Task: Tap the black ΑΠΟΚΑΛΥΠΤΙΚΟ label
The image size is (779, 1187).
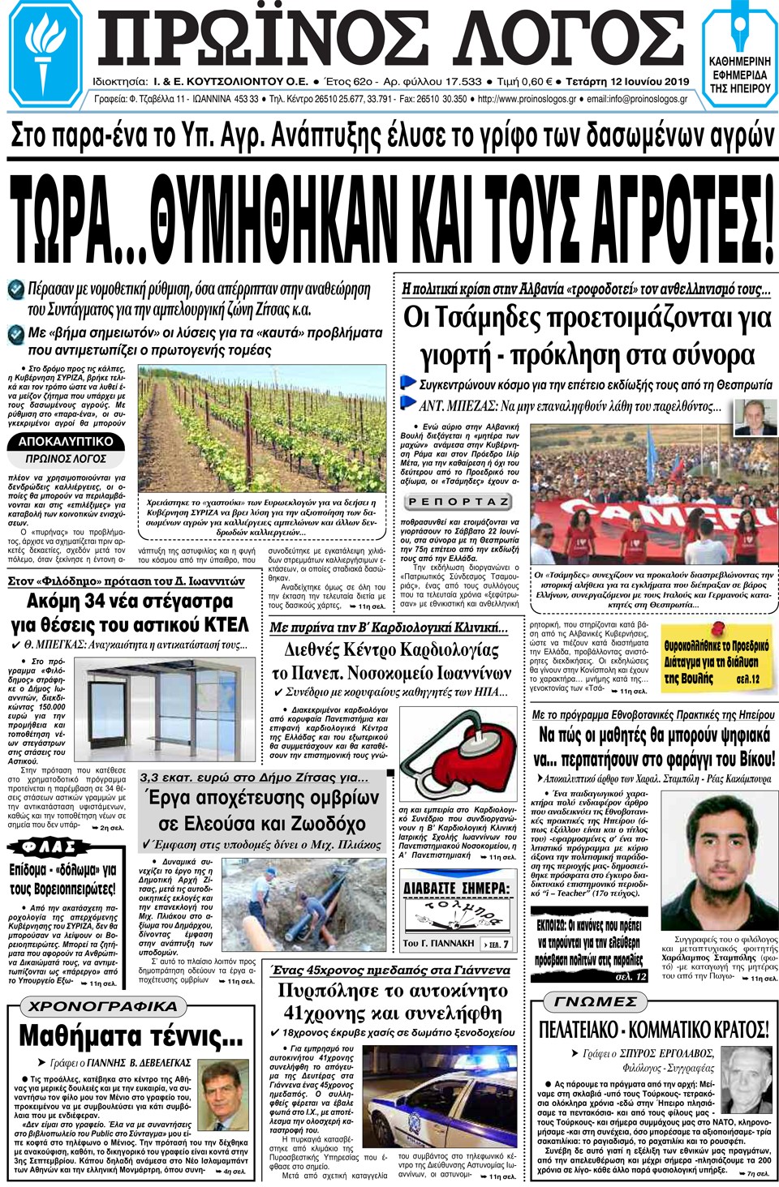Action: pyautogui.click(x=66, y=442)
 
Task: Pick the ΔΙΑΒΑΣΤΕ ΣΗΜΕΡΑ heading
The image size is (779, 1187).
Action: pyautogui.click(x=456, y=888)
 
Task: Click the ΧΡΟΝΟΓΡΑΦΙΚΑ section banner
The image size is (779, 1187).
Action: pyautogui.click(x=102, y=1006)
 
